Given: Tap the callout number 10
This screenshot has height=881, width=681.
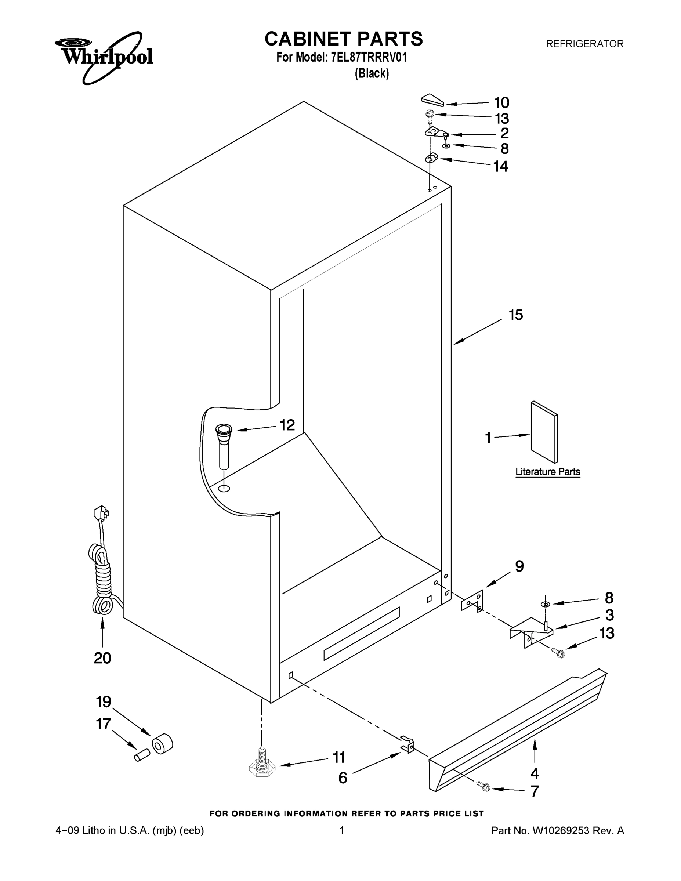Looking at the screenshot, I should point(501,103).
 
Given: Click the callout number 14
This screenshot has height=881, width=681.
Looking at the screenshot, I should point(501,166).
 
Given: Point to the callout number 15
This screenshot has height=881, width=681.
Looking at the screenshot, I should point(515,315).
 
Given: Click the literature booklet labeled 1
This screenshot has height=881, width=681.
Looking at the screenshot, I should point(544,432).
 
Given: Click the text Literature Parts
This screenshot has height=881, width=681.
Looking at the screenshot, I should point(547,472).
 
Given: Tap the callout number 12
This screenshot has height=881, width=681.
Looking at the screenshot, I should point(287,425).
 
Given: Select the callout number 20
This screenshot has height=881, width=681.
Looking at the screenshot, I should point(102,658).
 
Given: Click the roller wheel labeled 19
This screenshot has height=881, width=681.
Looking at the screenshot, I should point(162,744).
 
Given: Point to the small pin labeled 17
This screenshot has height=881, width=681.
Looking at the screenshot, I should point(142,755).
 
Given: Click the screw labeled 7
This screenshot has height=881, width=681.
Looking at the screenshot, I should point(483,786).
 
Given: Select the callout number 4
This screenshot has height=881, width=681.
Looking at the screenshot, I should point(535,773).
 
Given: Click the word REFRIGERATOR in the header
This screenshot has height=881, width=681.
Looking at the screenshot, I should point(584,44).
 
